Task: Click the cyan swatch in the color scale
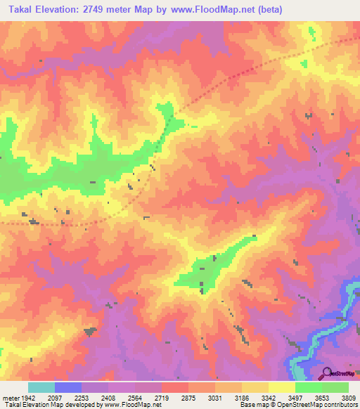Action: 41,387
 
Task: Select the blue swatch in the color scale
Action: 68,387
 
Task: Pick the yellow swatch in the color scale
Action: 281,387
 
